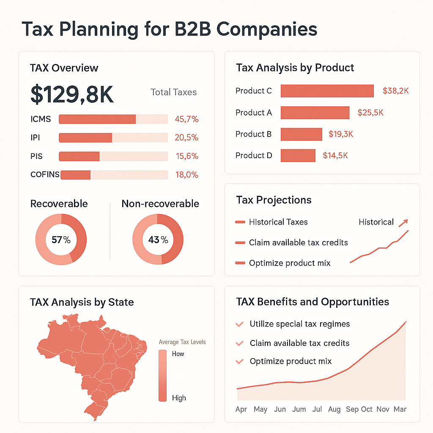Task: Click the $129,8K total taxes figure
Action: (72, 94)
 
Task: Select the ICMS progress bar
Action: (113, 119)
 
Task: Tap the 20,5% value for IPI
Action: (186, 138)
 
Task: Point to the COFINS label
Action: (45, 175)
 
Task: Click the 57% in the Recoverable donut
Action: (61, 240)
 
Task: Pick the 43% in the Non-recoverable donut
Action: (158, 240)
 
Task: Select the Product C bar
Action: (327, 91)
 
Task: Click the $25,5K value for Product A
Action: (370, 112)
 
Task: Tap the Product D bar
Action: (298, 156)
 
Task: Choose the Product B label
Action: (253, 134)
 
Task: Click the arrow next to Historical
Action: (404, 222)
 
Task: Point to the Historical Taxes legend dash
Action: (240, 222)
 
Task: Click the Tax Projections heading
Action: (274, 200)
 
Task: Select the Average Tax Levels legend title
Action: (182, 342)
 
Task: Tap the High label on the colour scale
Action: (179, 398)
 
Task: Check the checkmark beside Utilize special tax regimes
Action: (240, 324)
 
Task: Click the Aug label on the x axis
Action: (334, 409)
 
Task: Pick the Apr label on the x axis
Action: (241, 409)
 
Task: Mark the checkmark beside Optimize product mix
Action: (240, 362)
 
